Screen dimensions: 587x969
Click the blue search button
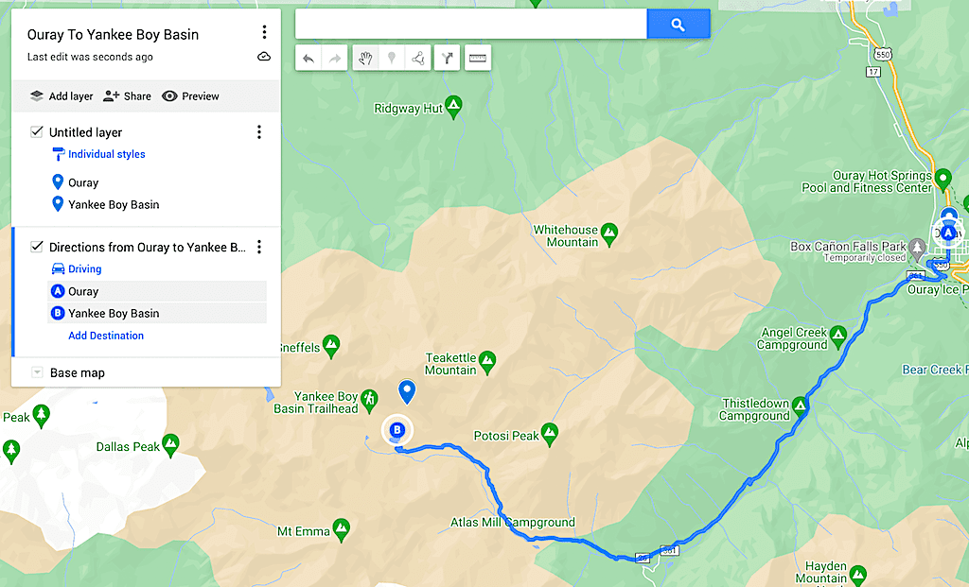click(678, 25)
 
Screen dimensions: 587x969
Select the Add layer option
click(62, 95)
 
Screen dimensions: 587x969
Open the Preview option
click(190, 95)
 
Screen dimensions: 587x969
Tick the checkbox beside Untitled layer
click(37, 132)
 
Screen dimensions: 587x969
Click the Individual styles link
click(106, 154)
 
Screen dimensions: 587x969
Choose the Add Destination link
click(106, 336)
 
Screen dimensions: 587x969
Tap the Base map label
click(78, 372)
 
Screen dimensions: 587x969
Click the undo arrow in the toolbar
click(308, 59)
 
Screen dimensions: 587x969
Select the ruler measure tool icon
click(478, 59)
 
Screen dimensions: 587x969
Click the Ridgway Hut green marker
click(454, 107)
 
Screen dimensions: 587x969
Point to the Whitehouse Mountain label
click(566, 235)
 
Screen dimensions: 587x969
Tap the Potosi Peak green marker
click(550, 435)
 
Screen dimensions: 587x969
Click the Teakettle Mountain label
click(450, 364)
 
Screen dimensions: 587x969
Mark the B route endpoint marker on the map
click(397, 430)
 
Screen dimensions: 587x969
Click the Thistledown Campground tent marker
click(801, 407)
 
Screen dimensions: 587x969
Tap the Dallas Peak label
click(128, 446)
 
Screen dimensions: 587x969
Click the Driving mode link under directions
click(84, 269)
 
